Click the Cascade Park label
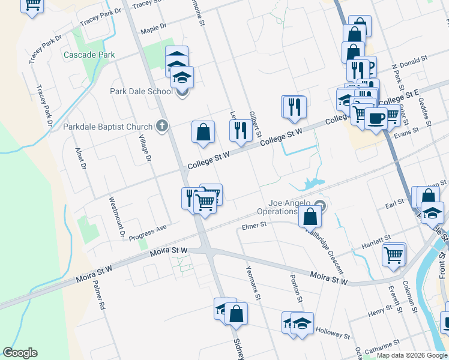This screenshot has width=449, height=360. (89, 55)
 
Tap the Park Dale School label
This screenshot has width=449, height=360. (141, 91)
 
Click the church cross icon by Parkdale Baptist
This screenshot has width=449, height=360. (161, 126)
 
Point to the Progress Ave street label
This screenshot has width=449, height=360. (148, 232)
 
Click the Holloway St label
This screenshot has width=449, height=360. (333, 332)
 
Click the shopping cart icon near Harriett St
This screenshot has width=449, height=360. (394, 254)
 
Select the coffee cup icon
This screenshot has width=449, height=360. (376, 118)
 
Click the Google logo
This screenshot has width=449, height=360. (20, 352)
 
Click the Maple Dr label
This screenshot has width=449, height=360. (153, 31)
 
